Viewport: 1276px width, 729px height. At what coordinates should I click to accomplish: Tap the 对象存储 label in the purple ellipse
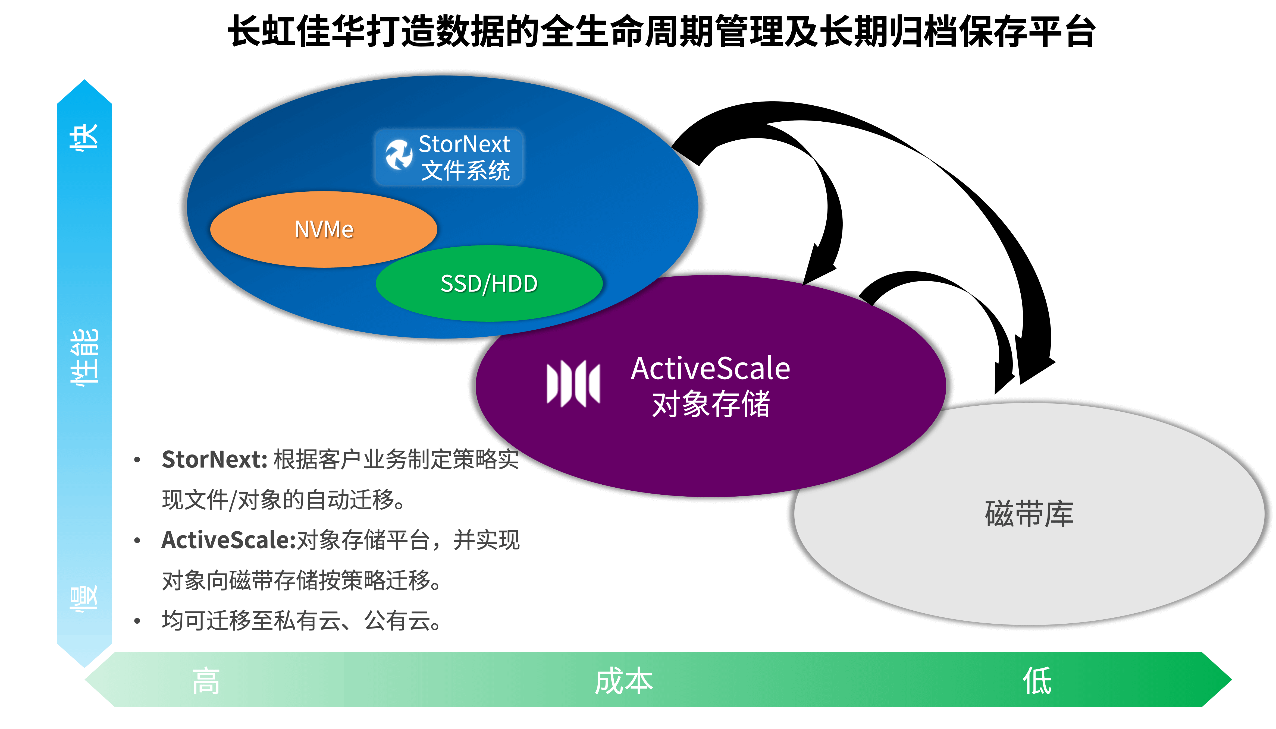coord(710,404)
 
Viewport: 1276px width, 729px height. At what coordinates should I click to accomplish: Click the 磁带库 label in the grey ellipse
coord(1029,514)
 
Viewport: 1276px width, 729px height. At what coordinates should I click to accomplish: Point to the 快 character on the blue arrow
coord(84,136)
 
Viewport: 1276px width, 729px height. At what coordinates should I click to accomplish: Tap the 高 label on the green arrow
coord(206,681)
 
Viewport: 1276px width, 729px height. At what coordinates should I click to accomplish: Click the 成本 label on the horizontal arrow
coord(624,681)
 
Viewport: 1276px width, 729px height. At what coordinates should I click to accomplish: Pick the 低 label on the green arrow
coord(1037,681)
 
